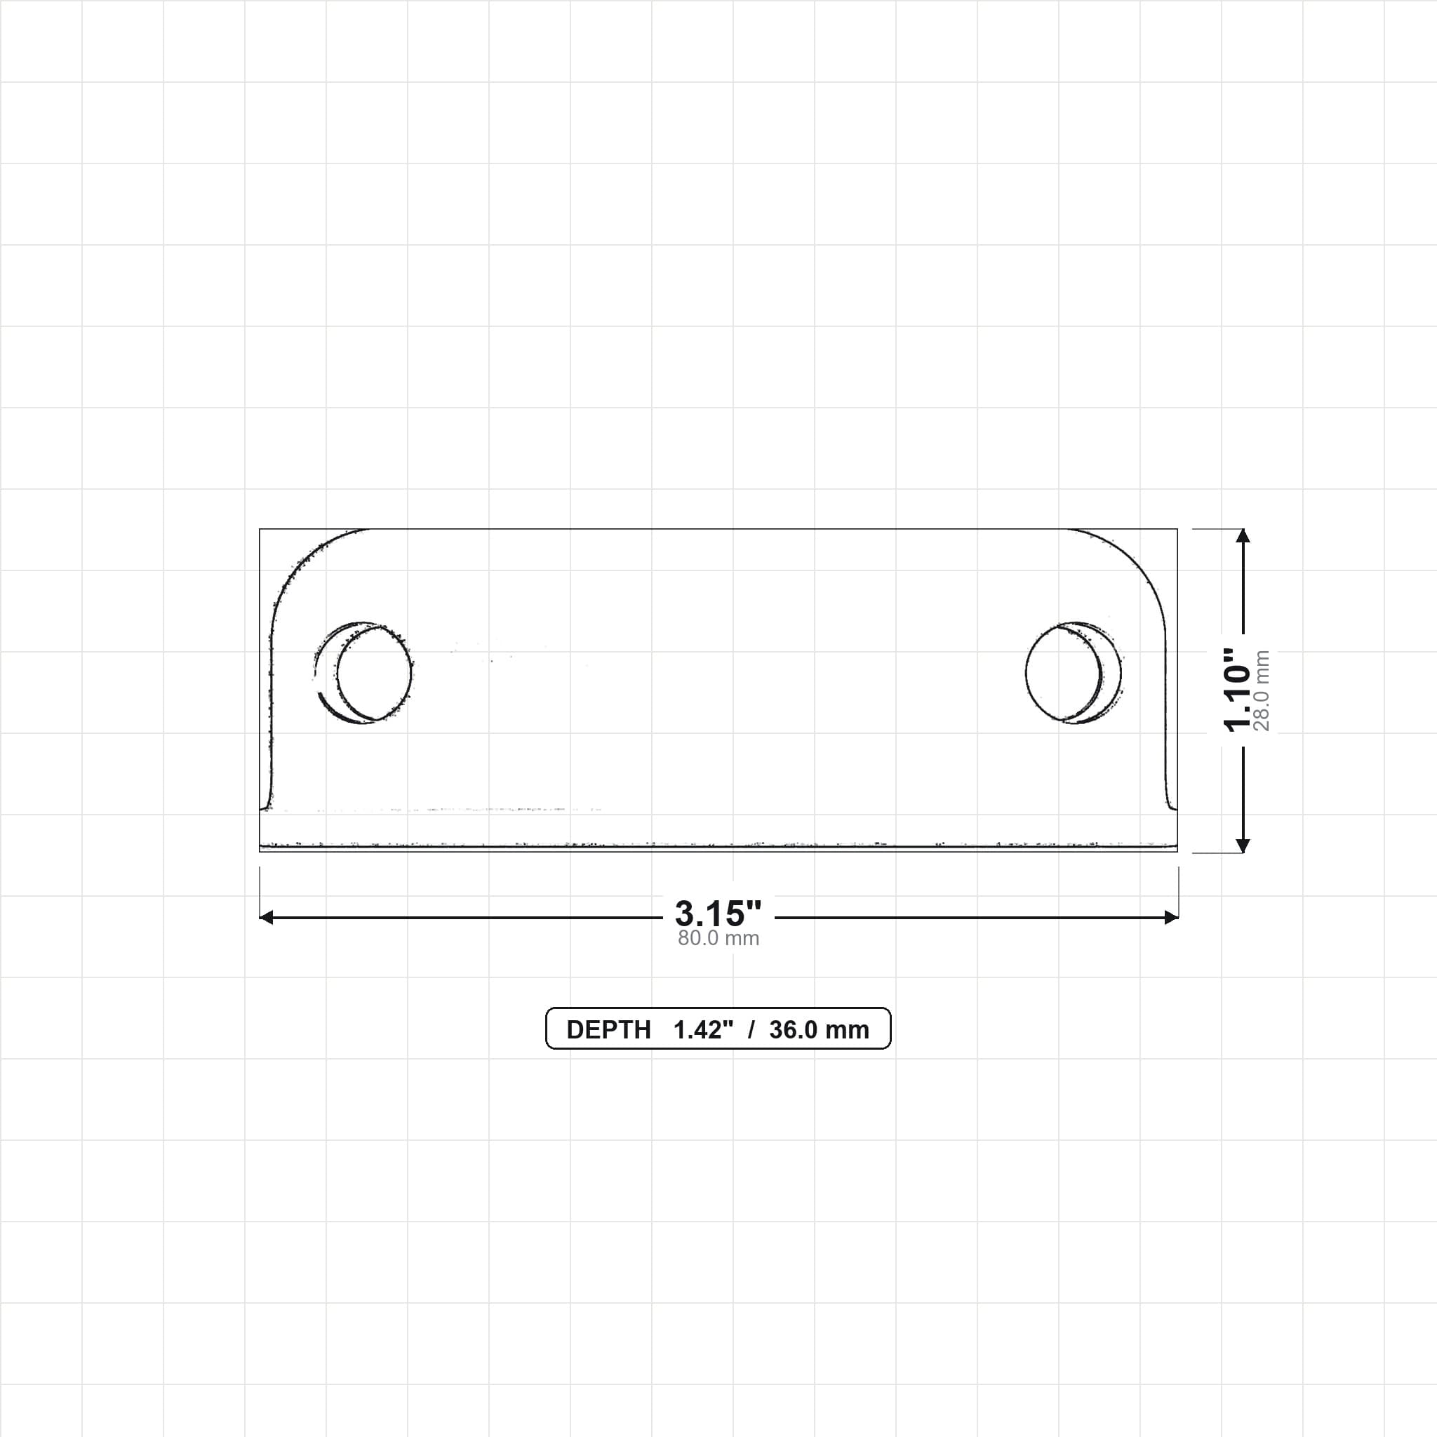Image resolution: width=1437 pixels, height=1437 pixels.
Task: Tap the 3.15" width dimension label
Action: pyautogui.click(x=718, y=914)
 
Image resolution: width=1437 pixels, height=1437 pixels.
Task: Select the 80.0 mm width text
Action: pyautogui.click(x=718, y=938)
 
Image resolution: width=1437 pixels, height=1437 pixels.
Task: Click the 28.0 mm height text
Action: pyautogui.click(x=1262, y=690)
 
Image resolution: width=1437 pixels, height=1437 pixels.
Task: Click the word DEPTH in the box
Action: pyautogui.click(x=608, y=1029)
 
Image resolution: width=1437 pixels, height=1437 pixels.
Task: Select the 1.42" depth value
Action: pyautogui.click(x=703, y=1029)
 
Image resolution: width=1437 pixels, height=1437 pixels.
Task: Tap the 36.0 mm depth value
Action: pyautogui.click(x=819, y=1029)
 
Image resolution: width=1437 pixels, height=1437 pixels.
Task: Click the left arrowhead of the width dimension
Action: pyautogui.click(x=265, y=918)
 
